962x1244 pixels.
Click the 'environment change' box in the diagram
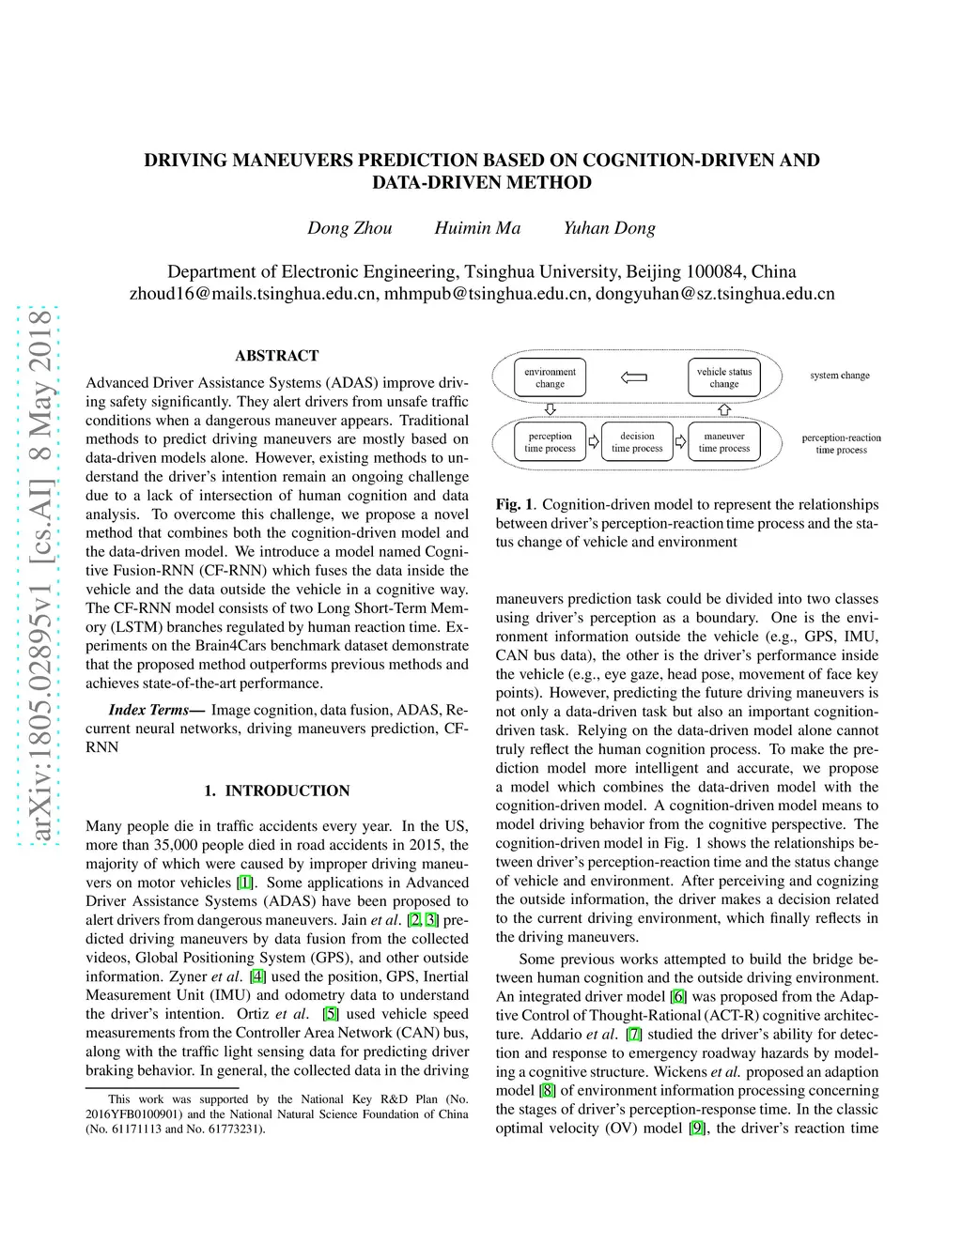(x=550, y=377)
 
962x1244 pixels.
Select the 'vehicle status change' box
(x=723, y=377)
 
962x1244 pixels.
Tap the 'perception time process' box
(x=550, y=442)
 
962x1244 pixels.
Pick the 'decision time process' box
(x=637, y=442)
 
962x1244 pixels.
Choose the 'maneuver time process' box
(x=724, y=442)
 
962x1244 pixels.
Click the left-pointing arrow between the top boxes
(x=634, y=377)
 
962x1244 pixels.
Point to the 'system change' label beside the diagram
(x=840, y=376)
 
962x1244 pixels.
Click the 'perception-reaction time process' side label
(x=841, y=443)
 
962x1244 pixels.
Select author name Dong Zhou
(x=349, y=228)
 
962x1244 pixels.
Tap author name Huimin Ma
(x=477, y=228)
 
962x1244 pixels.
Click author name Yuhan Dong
(x=609, y=228)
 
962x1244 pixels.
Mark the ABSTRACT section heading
(x=276, y=356)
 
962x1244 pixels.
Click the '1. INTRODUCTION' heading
(x=276, y=791)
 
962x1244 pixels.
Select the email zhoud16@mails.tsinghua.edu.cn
(x=253, y=294)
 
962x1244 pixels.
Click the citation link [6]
(x=678, y=997)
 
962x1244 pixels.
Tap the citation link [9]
(x=697, y=1129)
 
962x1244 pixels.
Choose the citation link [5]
(x=330, y=1014)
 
